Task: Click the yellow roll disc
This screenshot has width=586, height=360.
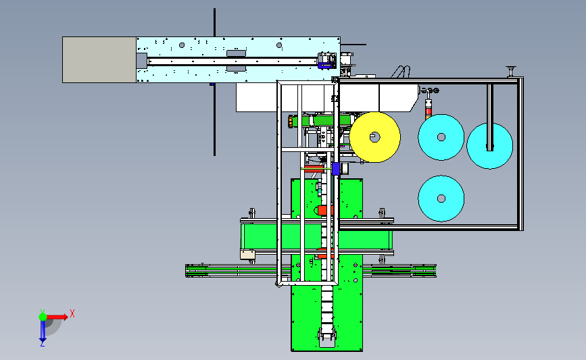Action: pyautogui.click(x=375, y=137)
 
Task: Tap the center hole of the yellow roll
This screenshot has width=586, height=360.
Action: pyautogui.click(x=375, y=137)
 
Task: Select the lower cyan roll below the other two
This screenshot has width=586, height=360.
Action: pyautogui.click(x=441, y=199)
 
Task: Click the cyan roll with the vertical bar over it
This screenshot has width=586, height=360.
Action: pyautogui.click(x=489, y=146)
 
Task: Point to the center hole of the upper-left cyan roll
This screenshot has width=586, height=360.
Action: pyautogui.click(x=441, y=137)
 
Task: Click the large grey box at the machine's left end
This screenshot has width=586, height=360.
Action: pyautogui.click(x=99, y=59)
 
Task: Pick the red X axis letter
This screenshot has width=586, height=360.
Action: pyautogui.click(x=72, y=313)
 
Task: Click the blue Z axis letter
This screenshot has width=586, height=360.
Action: pyautogui.click(x=42, y=344)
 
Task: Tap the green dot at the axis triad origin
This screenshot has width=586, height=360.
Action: pyautogui.click(x=43, y=317)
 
